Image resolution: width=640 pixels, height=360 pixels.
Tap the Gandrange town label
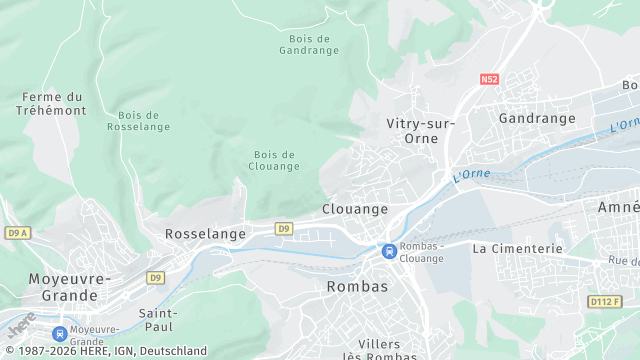click(x=537, y=118)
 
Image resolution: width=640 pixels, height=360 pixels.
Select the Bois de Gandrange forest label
click(x=309, y=45)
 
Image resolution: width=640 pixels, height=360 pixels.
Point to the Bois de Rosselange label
click(x=138, y=121)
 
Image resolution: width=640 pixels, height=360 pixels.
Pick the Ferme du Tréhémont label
click(x=51, y=103)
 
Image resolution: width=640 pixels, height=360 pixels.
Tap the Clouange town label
click(x=355, y=209)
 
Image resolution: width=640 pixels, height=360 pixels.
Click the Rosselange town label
click(x=205, y=233)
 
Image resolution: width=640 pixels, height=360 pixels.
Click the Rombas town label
click(x=357, y=286)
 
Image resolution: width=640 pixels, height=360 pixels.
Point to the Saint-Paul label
click(x=158, y=319)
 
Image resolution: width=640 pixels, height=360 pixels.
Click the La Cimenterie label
click(x=518, y=248)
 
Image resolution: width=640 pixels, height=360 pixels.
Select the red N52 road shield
click(x=489, y=78)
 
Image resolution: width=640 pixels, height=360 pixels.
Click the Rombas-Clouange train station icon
click(x=387, y=250)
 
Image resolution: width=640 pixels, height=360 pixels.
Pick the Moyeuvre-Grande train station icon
click(x=59, y=333)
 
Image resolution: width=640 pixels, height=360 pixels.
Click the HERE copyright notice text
click(x=104, y=351)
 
